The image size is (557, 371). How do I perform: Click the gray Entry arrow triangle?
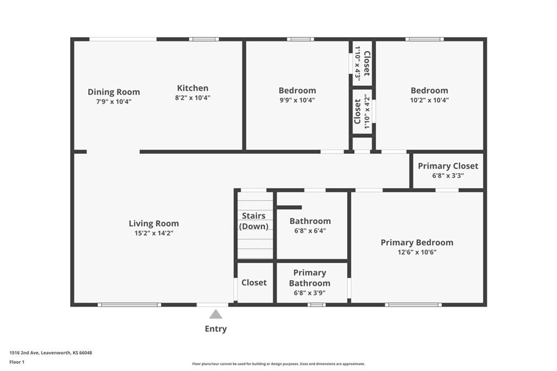coord(215,314)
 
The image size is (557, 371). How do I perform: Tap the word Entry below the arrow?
coord(215,329)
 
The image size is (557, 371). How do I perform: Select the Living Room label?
coord(154,224)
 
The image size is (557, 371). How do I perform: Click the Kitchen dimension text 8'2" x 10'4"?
coord(193,98)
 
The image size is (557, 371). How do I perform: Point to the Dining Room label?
coord(114,92)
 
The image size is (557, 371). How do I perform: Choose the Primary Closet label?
coord(448,166)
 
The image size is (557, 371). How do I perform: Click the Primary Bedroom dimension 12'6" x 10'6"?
coord(417,252)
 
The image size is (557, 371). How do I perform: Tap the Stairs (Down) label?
coord(253,221)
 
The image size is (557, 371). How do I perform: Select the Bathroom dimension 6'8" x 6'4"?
coord(310,231)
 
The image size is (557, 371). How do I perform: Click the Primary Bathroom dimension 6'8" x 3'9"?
coord(310,293)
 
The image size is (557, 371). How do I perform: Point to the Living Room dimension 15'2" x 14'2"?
coord(154,233)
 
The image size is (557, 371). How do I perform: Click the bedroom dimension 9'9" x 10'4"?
coord(298,100)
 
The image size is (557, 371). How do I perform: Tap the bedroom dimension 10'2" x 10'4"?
coord(430,100)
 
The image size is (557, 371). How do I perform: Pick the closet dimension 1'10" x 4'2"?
coord(367,112)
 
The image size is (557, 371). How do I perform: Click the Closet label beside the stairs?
coord(254,282)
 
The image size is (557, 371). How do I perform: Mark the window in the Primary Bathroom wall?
coord(317,305)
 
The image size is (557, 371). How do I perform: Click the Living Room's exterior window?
coord(129,305)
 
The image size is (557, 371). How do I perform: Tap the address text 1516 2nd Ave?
coord(24,353)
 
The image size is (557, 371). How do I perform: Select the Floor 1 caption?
coord(17,362)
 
